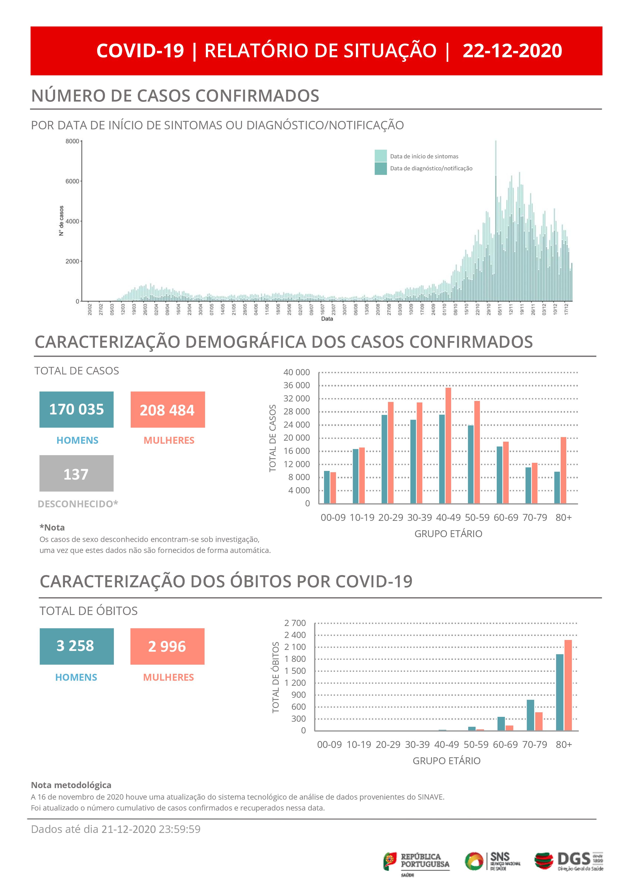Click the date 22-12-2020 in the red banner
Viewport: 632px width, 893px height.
pyautogui.click(x=512, y=51)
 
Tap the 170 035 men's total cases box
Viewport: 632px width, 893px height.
pyautogui.click(x=76, y=410)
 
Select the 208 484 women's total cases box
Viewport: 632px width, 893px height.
pyautogui.click(x=167, y=410)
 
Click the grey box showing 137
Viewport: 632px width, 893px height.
pyautogui.click(x=76, y=473)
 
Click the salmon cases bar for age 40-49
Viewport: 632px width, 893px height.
pyautogui.click(x=448, y=445)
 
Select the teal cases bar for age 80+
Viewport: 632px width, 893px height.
pyautogui.click(x=557, y=487)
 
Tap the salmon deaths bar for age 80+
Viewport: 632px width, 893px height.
pyautogui.click(x=568, y=685)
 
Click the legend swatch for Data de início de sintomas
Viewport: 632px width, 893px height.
pyautogui.click(x=381, y=156)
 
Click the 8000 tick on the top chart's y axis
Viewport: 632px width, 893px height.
pyautogui.click(x=72, y=141)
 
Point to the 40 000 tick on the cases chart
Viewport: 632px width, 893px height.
pyautogui.click(x=297, y=372)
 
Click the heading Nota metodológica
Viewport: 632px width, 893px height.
pyautogui.click(x=71, y=785)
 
